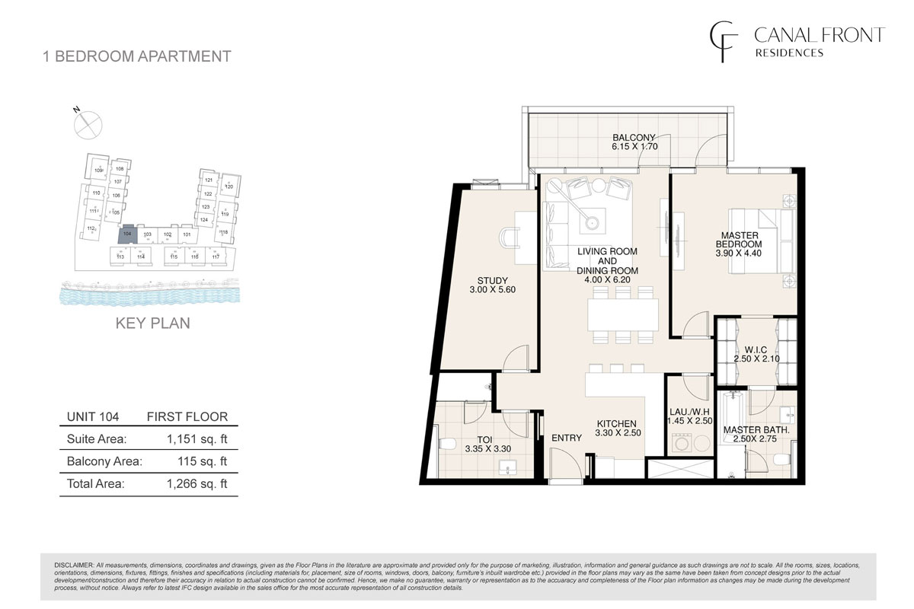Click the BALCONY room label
coord(634,139)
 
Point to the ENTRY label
coord(565,438)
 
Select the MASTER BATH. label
coord(756,430)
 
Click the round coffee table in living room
coord(593,223)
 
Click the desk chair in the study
coord(508,238)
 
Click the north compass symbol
coord(88,122)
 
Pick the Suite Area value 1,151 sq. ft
coord(197,438)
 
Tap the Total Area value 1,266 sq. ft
coord(197,483)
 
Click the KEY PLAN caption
coord(152,323)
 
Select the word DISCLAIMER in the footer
coord(74,565)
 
